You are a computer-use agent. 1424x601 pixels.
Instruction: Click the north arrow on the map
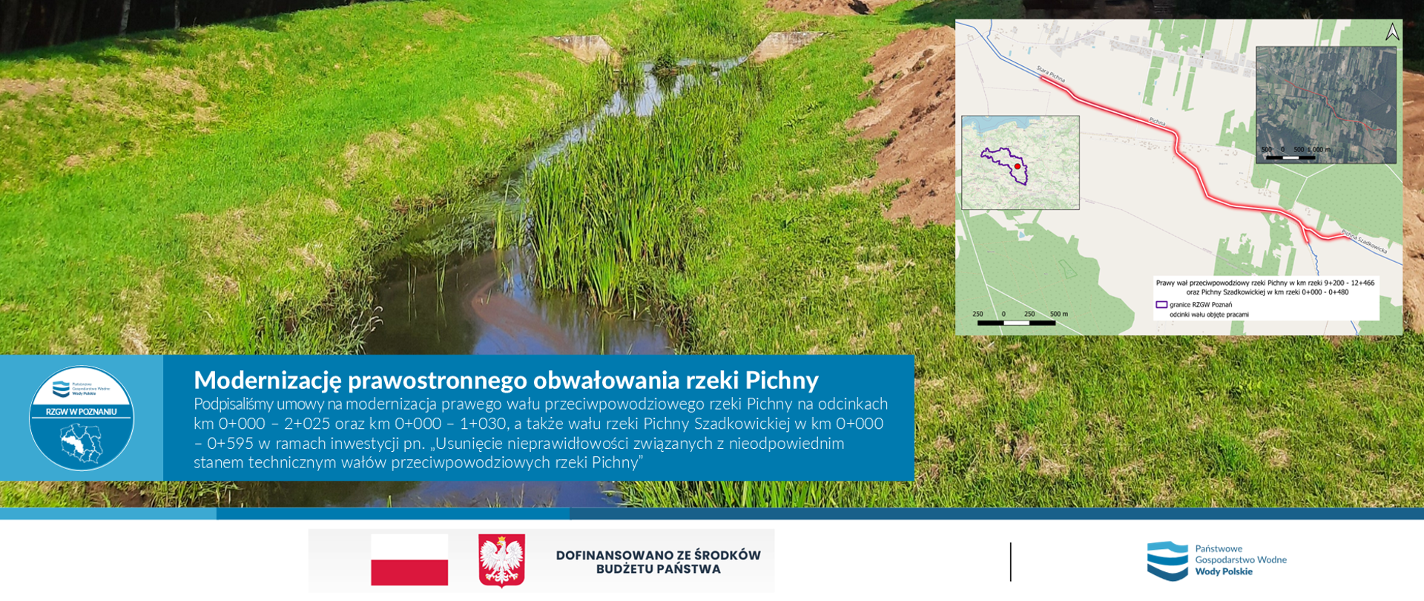click(x=1392, y=32)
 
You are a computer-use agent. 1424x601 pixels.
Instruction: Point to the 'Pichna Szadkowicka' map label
click(x=1364, y=243)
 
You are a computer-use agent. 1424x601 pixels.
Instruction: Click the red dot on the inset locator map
click(x=1017, y=167)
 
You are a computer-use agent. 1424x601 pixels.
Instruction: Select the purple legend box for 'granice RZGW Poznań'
click(x=1161, y=304)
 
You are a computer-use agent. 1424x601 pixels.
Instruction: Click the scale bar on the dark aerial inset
click(x=1290, y=157)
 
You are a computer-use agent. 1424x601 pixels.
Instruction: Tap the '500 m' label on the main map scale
click(x=1058, y=314)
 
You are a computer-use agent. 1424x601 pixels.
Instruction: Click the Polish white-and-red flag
click(x=409, y=560)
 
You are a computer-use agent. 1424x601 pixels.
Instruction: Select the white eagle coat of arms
click(x=501, y=560)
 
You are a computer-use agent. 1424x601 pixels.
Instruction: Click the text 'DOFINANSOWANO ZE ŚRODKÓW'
click(x=658, y=555)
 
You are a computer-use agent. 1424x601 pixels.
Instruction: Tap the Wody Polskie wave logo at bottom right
click(x=1167, y=560)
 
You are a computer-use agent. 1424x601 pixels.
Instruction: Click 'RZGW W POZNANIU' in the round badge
click(x=82, y=412)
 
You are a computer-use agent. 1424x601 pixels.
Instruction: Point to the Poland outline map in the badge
click(x=82, y=442)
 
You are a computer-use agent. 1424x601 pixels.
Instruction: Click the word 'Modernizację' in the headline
click(x=267, y=381)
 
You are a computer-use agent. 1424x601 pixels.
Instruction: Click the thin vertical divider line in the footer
click(x=1010, y=562)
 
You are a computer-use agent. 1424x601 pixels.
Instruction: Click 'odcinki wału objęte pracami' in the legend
click(x=1209, y=315)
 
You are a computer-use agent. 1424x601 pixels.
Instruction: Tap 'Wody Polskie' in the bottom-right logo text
click(x=1223, y=571)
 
